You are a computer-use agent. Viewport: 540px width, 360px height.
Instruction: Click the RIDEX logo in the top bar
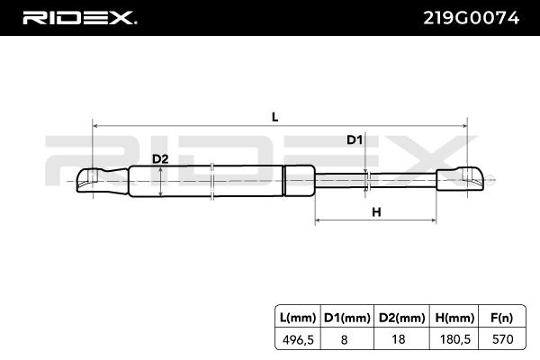[78, 17]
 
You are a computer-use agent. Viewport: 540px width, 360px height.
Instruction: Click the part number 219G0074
[471, 17]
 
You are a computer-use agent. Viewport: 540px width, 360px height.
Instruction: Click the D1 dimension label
[355, 140]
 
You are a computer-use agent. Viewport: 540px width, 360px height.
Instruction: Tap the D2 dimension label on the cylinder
[160, 159]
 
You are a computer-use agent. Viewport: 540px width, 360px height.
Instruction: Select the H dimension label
[377, 212]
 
